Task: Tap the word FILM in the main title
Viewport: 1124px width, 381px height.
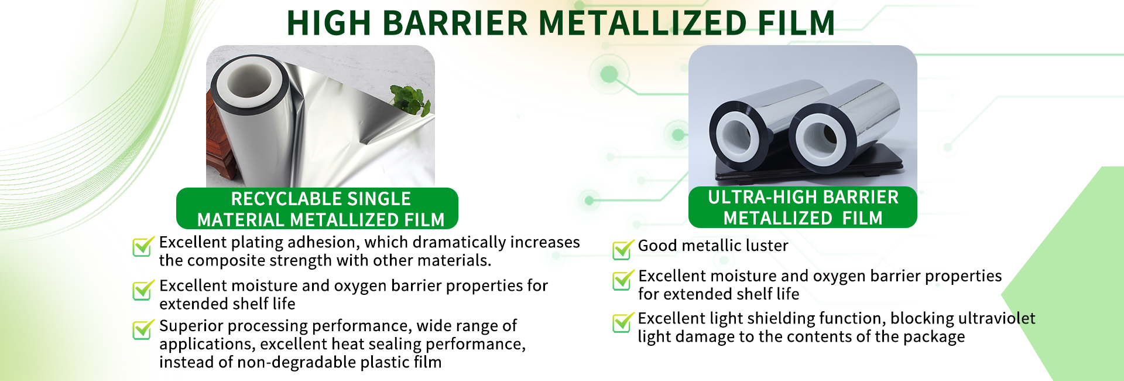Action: click(x=796, y=23)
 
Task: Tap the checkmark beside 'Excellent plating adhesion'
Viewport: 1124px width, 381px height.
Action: click(x=143, y=246)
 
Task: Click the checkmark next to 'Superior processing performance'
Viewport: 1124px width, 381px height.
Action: click(x=143, y=329)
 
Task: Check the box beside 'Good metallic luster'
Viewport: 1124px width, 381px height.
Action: click(x=623, y=249)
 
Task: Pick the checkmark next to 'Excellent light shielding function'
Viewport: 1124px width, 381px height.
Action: click(x=623, y=322)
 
